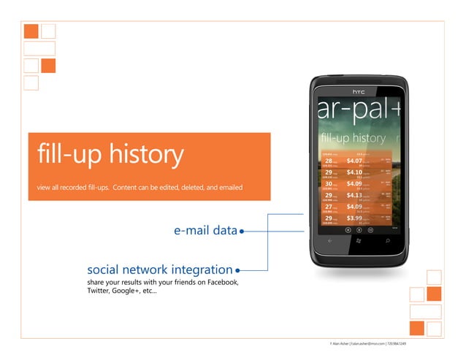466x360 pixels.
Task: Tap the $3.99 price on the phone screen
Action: [354, 218]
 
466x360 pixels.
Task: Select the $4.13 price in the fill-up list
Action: [354, 195]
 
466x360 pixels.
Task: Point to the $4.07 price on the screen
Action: [354, 161]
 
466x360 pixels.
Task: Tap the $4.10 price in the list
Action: [354, 172]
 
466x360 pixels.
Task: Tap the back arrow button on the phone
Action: [329, 240]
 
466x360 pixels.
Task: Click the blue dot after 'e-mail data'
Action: [241, 231]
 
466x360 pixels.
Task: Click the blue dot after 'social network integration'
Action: [238, 270]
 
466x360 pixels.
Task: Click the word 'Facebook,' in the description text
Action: [220, 282]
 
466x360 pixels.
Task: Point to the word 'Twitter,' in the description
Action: [99, 291]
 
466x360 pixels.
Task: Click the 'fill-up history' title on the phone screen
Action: [354, 137]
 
